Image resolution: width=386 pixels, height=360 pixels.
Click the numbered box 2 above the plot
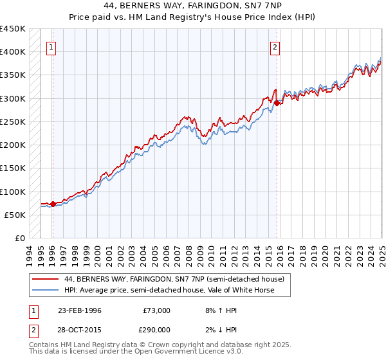click(275, 46)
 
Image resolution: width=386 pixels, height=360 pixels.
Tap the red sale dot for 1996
click(53, 204)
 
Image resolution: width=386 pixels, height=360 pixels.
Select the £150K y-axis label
click(13, 168)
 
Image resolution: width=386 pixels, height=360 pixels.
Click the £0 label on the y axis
click(20, 239)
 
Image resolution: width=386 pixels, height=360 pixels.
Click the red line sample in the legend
click(45, 279)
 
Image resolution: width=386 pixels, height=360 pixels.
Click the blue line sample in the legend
click(45, 290)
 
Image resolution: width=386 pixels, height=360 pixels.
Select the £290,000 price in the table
click(156, 329)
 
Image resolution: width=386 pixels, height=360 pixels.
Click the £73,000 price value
click(156, 310)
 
